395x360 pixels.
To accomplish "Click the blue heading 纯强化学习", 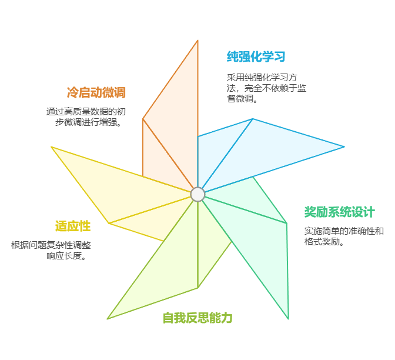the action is pyautogui.click(x=256, y=57).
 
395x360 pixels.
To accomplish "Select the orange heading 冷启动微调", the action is pyautogui.click(x=96, y=92).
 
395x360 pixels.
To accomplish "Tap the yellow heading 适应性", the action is pyautogui.click(x=72, y=226).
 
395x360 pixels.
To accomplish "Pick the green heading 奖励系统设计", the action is pyautogui.click(x=339, y=212).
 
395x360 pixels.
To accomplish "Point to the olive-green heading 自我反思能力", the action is pyautogui.click(x=197, y=318).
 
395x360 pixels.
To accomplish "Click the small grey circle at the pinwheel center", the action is pyautogui.click(x=197, y=194).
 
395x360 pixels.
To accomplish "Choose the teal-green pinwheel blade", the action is pyautogui.click(x=259, y=235).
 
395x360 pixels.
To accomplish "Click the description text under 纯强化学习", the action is pyautogui.click(x=266, y=88).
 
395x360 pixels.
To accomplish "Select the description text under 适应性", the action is pyautogui.click(x=51, y=251).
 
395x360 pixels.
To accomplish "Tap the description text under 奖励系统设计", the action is pyautogui.click(x=344, y=236).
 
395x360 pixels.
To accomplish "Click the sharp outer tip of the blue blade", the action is pyautogui.click(x=344, y=146).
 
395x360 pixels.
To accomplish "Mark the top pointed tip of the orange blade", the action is pyautogui.click(x=197, y=41).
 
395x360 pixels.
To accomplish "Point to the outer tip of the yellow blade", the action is pyautogui.click(x=52, y=147).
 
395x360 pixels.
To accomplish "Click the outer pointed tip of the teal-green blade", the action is pyautogui.click(x=288, y=318).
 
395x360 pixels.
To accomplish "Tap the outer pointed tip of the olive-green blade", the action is pyautogui.click(x=108, y=319).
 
